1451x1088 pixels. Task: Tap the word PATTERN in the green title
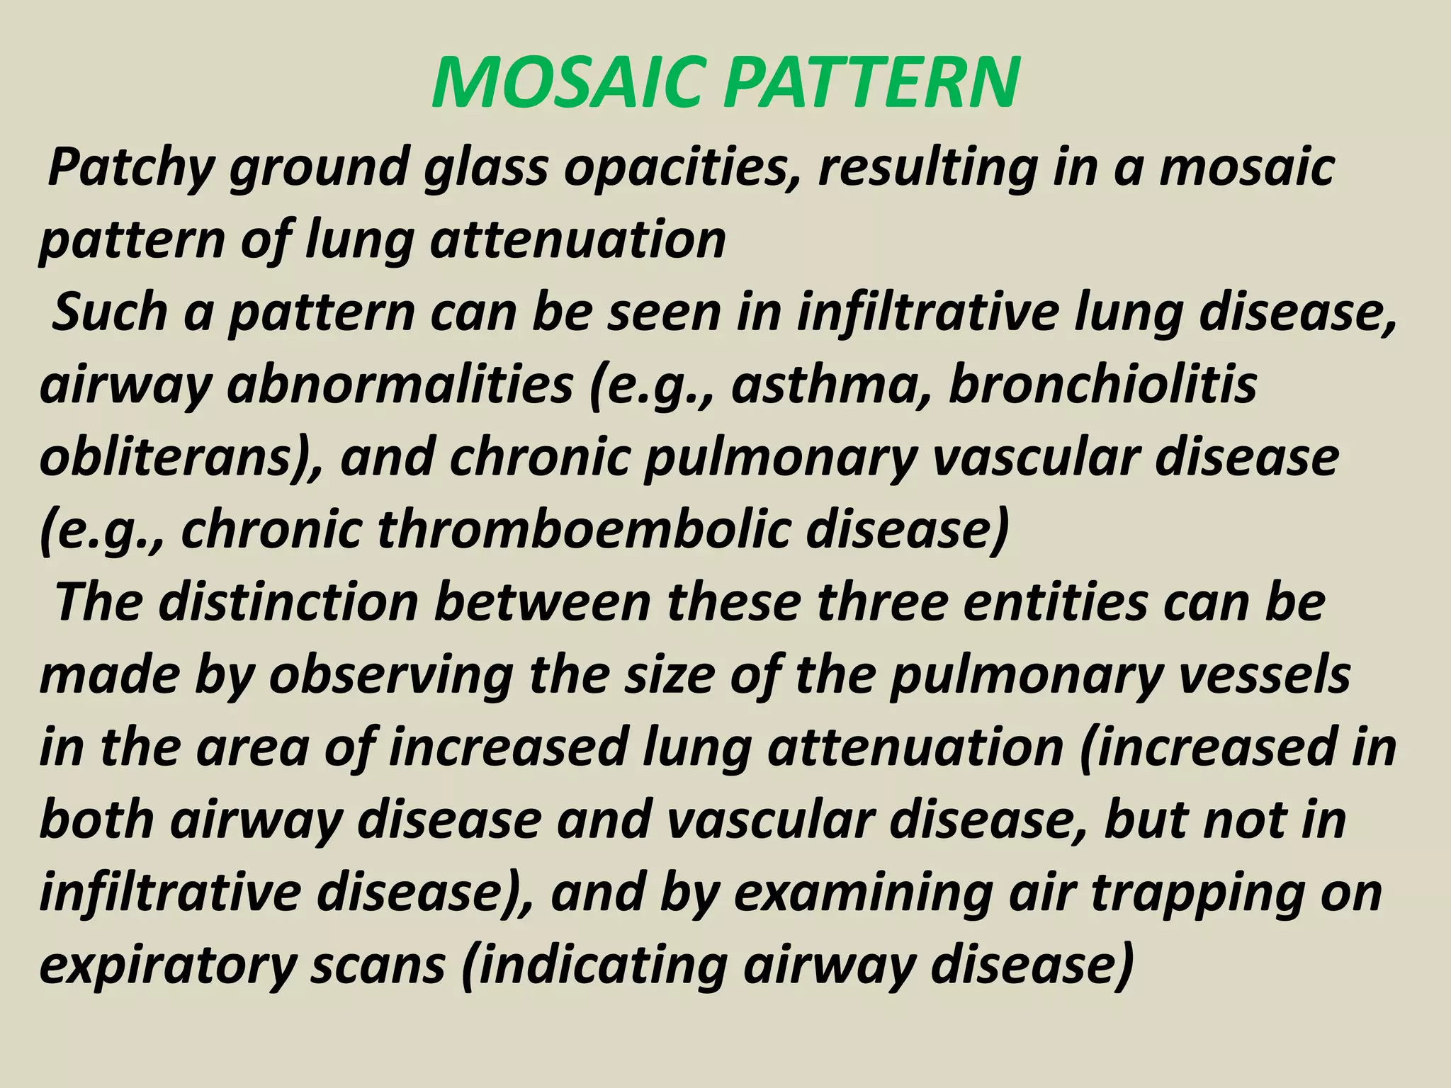point(872,84)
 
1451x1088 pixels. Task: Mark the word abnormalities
point(400,386)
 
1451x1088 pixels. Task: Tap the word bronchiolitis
point(1102,386)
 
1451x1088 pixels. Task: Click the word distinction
point(288,603)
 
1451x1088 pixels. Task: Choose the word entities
point(1056,603)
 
